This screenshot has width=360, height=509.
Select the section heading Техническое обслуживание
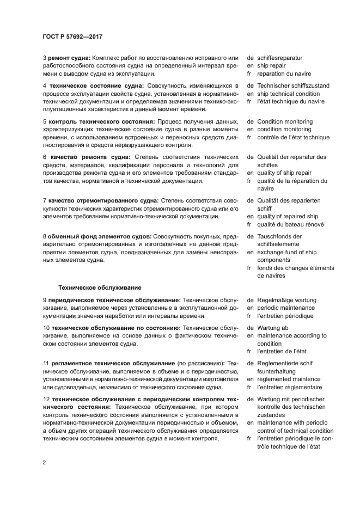click(x=100, y=287)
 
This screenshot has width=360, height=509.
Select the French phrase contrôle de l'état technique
click(x=294, y=138)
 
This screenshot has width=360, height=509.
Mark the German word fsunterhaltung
click(x=279, y=371)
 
